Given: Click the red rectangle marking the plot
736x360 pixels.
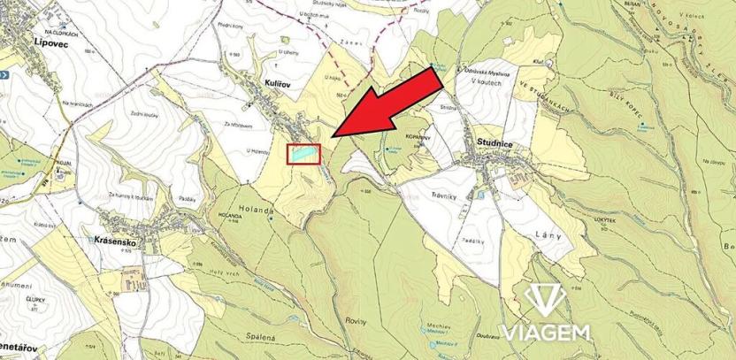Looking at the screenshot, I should pyautogui.click(x=304, y=154).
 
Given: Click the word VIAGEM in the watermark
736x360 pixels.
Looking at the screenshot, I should pyautogui.click(x=548, y=333).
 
